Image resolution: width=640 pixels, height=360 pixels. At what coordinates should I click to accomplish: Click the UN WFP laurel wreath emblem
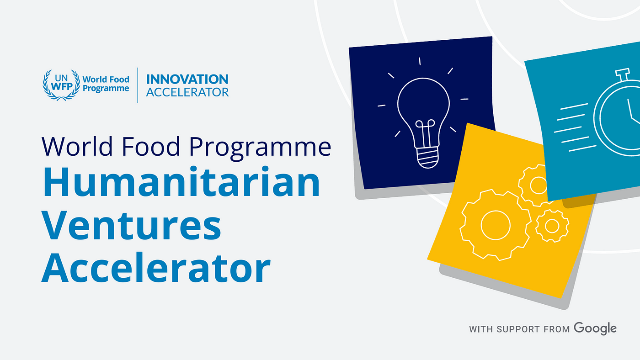click(x=61, y=85)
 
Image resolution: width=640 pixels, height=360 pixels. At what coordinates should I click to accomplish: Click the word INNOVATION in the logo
click(x=187, y=79)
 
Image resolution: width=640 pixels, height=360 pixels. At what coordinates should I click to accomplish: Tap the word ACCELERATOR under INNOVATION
click(x=187, y=92)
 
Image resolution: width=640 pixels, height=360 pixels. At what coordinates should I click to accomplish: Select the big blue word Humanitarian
click(x=181, y=182)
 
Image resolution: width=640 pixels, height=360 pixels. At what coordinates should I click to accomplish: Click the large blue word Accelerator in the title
click(x=156, y=268)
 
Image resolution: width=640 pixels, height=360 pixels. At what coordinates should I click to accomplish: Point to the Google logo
click(x=595, y=328)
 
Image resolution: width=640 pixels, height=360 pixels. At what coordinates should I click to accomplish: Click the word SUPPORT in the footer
click(x=518, y=329)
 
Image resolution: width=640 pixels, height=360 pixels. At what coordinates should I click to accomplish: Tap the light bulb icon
click(x=423, y=114)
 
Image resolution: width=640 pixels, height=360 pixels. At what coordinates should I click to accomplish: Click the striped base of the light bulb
click(x=428, y=158)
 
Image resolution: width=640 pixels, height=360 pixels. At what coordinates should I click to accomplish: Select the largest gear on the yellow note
click(x=495, y=225)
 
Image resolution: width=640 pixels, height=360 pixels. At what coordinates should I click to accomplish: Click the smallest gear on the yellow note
click(x=552, y=226)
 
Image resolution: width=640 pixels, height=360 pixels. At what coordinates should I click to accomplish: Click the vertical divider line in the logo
click(x=138, y=85)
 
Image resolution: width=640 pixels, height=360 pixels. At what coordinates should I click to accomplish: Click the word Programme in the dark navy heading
click(x=260, y=147)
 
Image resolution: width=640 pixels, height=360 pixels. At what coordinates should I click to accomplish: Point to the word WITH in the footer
click(x=481, y=329)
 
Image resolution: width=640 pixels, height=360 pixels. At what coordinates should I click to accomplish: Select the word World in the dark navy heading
click(x=77, y=146)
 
